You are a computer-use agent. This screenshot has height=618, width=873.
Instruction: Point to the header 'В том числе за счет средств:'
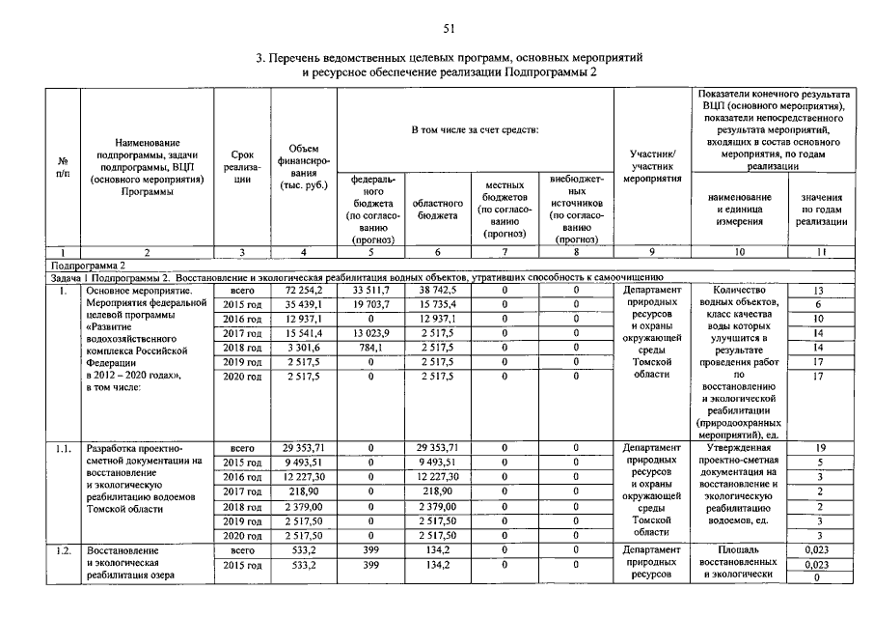[x=475, y=128]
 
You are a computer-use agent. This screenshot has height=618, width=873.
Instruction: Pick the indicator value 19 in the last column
[x=819, y=449]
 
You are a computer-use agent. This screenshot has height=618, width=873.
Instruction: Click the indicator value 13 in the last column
[x=819, y=290]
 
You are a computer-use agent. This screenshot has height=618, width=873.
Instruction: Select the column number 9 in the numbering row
[x=651, y=251]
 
